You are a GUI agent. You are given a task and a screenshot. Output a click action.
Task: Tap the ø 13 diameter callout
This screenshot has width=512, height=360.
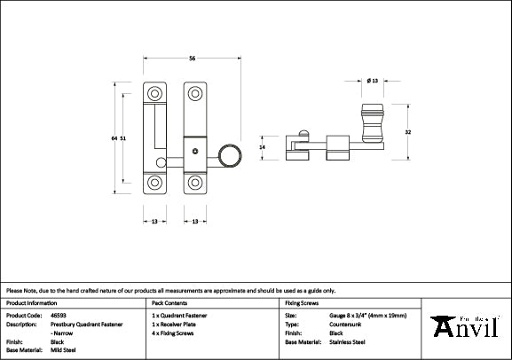coord(373,82)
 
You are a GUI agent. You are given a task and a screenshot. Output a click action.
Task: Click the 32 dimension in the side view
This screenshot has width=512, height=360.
coord(407,132)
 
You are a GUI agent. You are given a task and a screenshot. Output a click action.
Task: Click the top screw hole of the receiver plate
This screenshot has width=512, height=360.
coord(155,91)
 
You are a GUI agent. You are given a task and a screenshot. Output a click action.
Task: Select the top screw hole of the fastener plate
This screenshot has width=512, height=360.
coord(194,91)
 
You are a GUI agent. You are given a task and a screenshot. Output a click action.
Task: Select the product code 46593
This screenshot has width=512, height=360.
coord(58,315)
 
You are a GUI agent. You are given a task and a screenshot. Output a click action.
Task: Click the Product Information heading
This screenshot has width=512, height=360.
coord(31,302)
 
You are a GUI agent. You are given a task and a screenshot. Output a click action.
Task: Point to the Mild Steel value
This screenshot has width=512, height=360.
coord(63,348)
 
